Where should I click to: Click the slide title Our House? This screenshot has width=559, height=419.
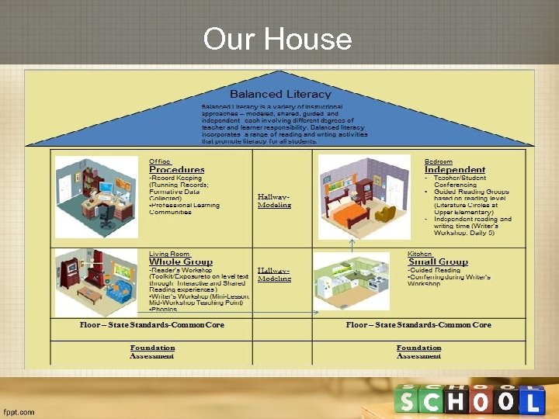coord(277,38)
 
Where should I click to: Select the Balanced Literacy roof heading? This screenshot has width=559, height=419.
coord(279,94)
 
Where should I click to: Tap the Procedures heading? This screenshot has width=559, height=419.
coord(177,169)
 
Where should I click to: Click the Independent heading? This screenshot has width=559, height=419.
coord(455,169)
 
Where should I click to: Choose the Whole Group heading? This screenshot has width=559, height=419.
coord(181,262)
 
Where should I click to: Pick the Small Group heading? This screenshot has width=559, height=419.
coord(438,262)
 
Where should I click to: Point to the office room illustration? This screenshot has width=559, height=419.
coord(96,197)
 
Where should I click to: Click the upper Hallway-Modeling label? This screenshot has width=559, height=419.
coord(274,201)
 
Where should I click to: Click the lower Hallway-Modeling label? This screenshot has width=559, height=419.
coord(274,274)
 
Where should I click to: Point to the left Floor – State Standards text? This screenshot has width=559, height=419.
coord(152,325)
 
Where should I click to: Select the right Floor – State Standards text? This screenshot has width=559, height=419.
coord(418,325)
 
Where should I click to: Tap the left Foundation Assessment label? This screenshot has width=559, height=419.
coord(152,351)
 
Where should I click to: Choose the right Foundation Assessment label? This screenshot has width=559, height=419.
coord(418,351)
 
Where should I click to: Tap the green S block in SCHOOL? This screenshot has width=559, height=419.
coord(408,400)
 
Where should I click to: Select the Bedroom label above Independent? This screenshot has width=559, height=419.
coord(439,161)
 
